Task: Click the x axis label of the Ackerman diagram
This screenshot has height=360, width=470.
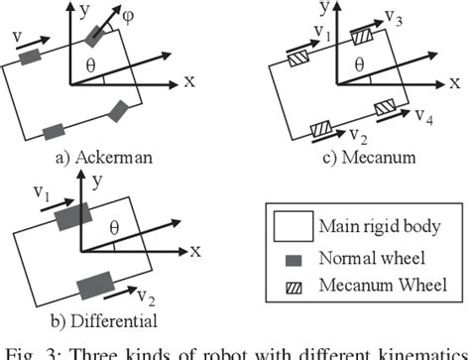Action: click(x=187, y=81)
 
